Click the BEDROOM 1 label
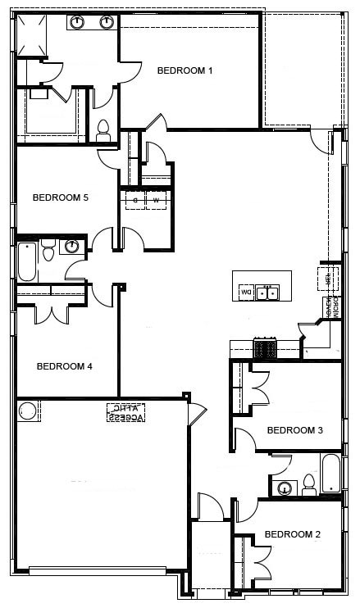pos(185,70)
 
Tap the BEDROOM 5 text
pos(60,197)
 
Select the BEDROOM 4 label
pos(65,366)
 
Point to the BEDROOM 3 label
pos(295,430)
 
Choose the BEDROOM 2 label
pos(292,534)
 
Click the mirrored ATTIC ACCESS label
pos(125,411)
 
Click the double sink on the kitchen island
pos(267,292)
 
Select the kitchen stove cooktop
pos(266,348)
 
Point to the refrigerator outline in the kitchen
pos(330,278)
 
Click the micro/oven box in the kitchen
pos(332,307)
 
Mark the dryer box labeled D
pos(134,200)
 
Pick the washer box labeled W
pos(157,200)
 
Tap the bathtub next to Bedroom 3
pos(330,474)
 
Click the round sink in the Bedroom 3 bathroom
pos(285,489)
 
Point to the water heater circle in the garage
pos(28,411)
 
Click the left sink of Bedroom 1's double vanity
pos(78,22)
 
